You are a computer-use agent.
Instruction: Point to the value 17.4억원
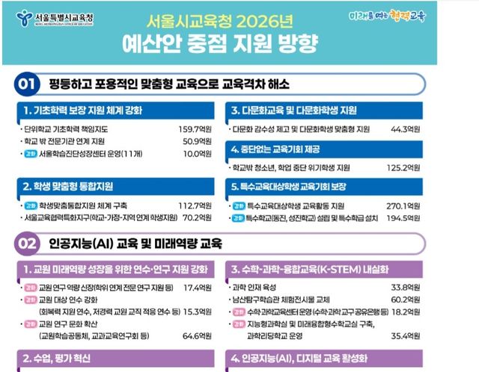(x=197, y=288)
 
